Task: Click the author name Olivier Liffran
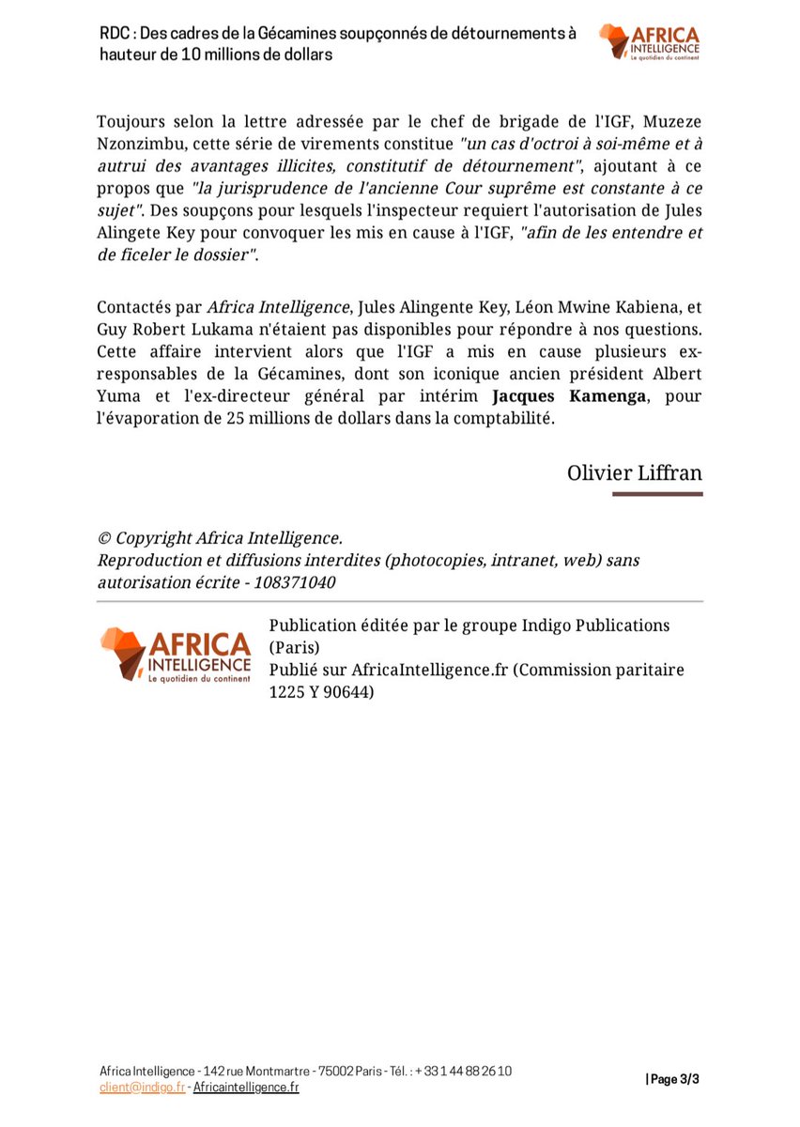pos(634,471)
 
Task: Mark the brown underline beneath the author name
pos(657,493)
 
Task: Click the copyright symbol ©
pos(104,538)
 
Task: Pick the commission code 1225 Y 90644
pos(321,692)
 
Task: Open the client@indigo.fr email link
pos(142,1088)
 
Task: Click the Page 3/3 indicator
pos(672,1080)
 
